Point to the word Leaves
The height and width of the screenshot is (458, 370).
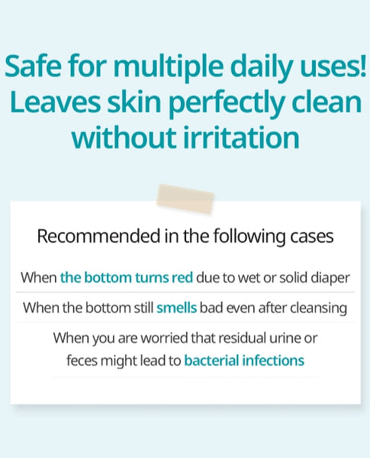click(55, 102)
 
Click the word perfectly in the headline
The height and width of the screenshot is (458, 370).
click(227, 103)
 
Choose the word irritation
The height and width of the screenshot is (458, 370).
click(241, 137)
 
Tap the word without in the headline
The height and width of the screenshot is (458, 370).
click(124, 137)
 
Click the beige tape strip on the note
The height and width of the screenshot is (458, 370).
click(185, 198)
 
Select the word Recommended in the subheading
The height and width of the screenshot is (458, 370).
click(98, 236)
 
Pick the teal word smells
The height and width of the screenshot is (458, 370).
click(177, 308)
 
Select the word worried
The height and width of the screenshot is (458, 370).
click(165, 338)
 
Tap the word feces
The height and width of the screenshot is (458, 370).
click(82, 360)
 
